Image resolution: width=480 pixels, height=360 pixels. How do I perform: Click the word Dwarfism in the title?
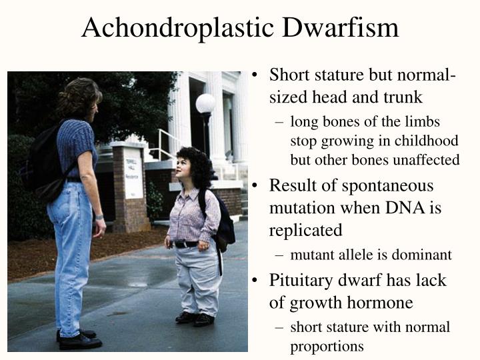point(341,27)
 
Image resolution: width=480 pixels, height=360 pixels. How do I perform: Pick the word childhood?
point(427,141)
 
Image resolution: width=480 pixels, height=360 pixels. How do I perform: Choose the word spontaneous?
point(387,186)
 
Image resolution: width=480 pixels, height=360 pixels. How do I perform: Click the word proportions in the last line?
point(327,347)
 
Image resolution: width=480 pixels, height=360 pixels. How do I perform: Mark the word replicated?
point(305,230)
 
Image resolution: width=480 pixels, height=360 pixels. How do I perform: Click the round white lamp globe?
point(206,103)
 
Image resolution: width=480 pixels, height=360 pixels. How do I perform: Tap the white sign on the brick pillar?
point(133,173)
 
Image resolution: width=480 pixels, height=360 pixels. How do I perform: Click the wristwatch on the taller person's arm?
point(99,217)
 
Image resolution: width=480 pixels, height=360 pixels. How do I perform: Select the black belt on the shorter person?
point(186,244)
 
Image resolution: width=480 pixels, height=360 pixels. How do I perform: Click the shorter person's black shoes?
point(195,319)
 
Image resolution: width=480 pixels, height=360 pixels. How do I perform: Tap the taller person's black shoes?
point(79,339)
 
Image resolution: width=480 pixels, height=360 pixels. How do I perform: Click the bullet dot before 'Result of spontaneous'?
point(254,186)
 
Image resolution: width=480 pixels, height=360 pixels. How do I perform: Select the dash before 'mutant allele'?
point(279,255)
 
